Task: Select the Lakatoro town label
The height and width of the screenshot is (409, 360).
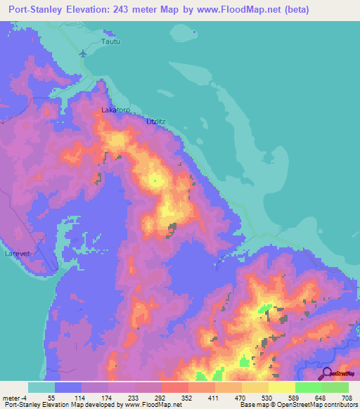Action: click(x=116, y=110)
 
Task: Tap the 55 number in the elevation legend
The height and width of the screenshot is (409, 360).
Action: click(x=51, y=397)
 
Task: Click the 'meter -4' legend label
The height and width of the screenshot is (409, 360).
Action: click(x=14, y=397)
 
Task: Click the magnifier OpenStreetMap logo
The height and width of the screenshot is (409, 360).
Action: click(x=327, y=374)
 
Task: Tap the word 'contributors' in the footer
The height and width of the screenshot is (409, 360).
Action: click(x=340, y=405)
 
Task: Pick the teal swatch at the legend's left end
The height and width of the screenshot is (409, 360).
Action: click(x=41, y=387)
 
